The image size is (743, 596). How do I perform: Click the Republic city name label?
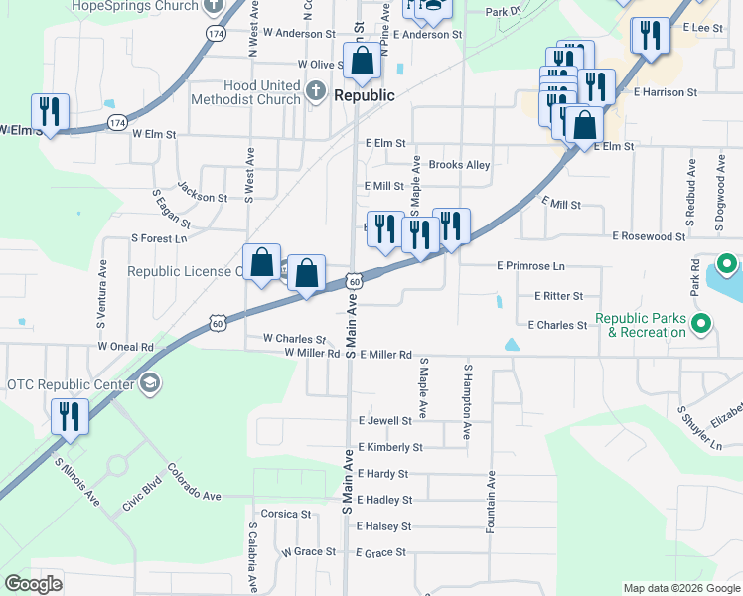click(x=364, y=96)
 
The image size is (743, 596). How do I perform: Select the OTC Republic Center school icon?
click(x=150, y=383)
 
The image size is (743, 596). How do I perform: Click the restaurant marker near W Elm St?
click(x=48, y=111)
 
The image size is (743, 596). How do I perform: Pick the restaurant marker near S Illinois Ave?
click(x=70, y=416)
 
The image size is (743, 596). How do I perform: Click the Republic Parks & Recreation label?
click(x=641, y=325)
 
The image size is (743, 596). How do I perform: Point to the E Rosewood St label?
click(x=649, y=236)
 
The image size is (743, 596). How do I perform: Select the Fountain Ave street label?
click(x=491, y=501)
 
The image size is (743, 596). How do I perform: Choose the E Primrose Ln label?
click(x=530, y=266)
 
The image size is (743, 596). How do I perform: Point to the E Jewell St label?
click(x=384, y=421)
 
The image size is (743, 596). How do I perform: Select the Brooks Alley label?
click(x=459, y=165)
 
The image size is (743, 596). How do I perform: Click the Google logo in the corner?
click(x=33, y=584)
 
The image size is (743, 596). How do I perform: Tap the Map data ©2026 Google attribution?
click(x=680, y=588)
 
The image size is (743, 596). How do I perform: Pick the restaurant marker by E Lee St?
click(x=650, y=38)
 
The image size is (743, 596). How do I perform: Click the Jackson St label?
click(x=202, y=191)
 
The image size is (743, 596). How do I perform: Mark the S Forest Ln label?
click(x=159, y=238)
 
